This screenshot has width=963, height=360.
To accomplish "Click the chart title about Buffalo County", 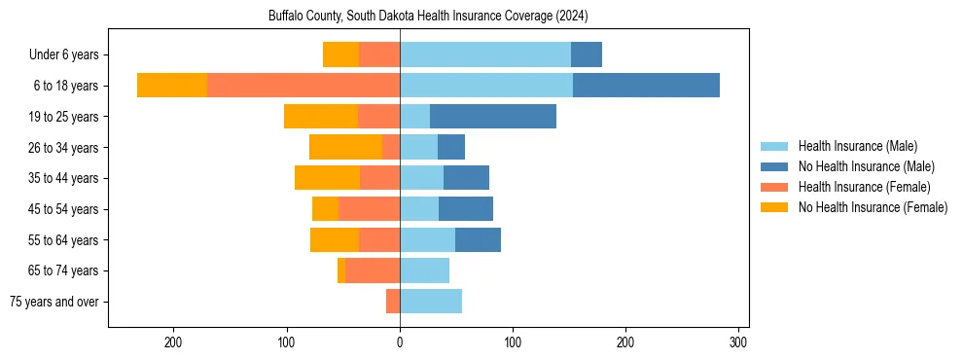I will click(428, 17).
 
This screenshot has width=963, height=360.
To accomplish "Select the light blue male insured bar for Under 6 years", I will click(484, 54).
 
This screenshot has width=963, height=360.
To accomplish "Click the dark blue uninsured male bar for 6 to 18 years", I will click(646, 86).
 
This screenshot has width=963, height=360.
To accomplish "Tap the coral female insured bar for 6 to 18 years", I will click(303, 86).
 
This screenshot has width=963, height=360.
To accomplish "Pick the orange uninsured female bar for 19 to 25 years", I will click(321, 117).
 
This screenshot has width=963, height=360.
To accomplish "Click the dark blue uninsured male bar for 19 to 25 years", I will click(493, 117).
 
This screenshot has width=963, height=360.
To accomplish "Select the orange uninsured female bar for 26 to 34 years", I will click(345, 147).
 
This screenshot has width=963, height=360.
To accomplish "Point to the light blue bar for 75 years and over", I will click(431, 302).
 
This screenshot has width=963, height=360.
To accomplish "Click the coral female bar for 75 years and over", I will click(393, 302).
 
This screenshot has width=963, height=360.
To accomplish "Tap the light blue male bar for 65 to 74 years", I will click(424, 270).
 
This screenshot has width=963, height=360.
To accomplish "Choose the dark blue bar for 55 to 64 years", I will click(478, 239).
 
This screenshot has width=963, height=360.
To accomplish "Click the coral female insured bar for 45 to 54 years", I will click(369, 209).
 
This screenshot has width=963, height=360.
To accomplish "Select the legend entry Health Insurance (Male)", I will click(857, 146).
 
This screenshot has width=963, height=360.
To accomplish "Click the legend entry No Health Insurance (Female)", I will click(873, 207).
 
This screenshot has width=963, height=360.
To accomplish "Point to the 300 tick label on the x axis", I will click(738, 342).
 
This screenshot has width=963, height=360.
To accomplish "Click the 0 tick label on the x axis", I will click(400, 342).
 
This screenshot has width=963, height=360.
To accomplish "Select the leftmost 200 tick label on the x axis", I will click(174, 342).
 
